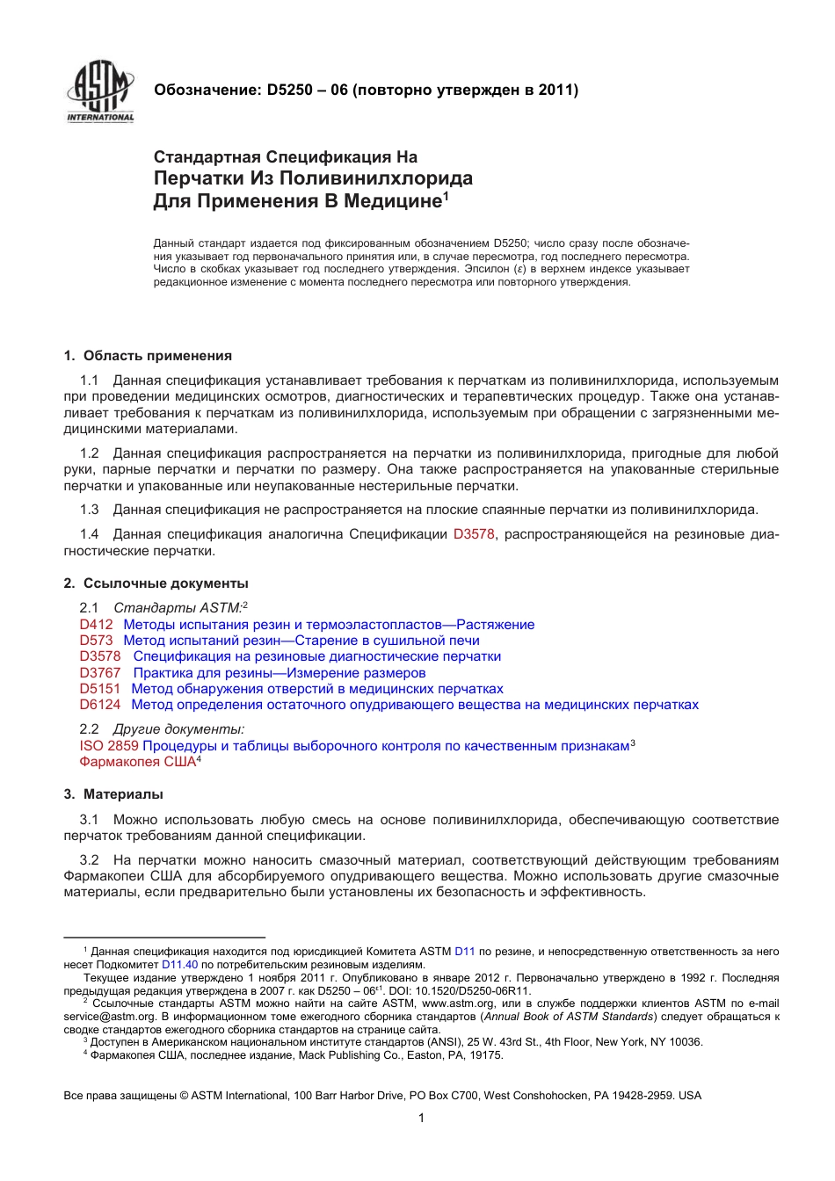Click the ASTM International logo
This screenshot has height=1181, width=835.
[100, 91]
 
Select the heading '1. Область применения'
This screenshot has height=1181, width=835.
[148, 356]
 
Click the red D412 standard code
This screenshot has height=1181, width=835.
[97, 625]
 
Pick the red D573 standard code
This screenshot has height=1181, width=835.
[97, 641]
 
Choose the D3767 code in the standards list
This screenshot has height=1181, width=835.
[100, 673]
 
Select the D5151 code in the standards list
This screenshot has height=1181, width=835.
[100, 689]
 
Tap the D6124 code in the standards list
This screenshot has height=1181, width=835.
[100, 705]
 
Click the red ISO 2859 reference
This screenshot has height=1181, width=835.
[109, 746]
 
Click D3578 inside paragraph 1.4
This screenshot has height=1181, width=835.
[474, 534]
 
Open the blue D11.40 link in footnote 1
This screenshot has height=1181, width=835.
[179, 964]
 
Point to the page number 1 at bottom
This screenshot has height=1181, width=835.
[421, 1118]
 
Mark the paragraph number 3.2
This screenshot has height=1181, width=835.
[89, 860]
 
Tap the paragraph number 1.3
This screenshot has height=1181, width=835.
[89, 510]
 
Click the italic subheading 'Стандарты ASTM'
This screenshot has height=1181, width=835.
[177, 607]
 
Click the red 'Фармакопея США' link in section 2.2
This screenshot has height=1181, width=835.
[137, 762]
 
